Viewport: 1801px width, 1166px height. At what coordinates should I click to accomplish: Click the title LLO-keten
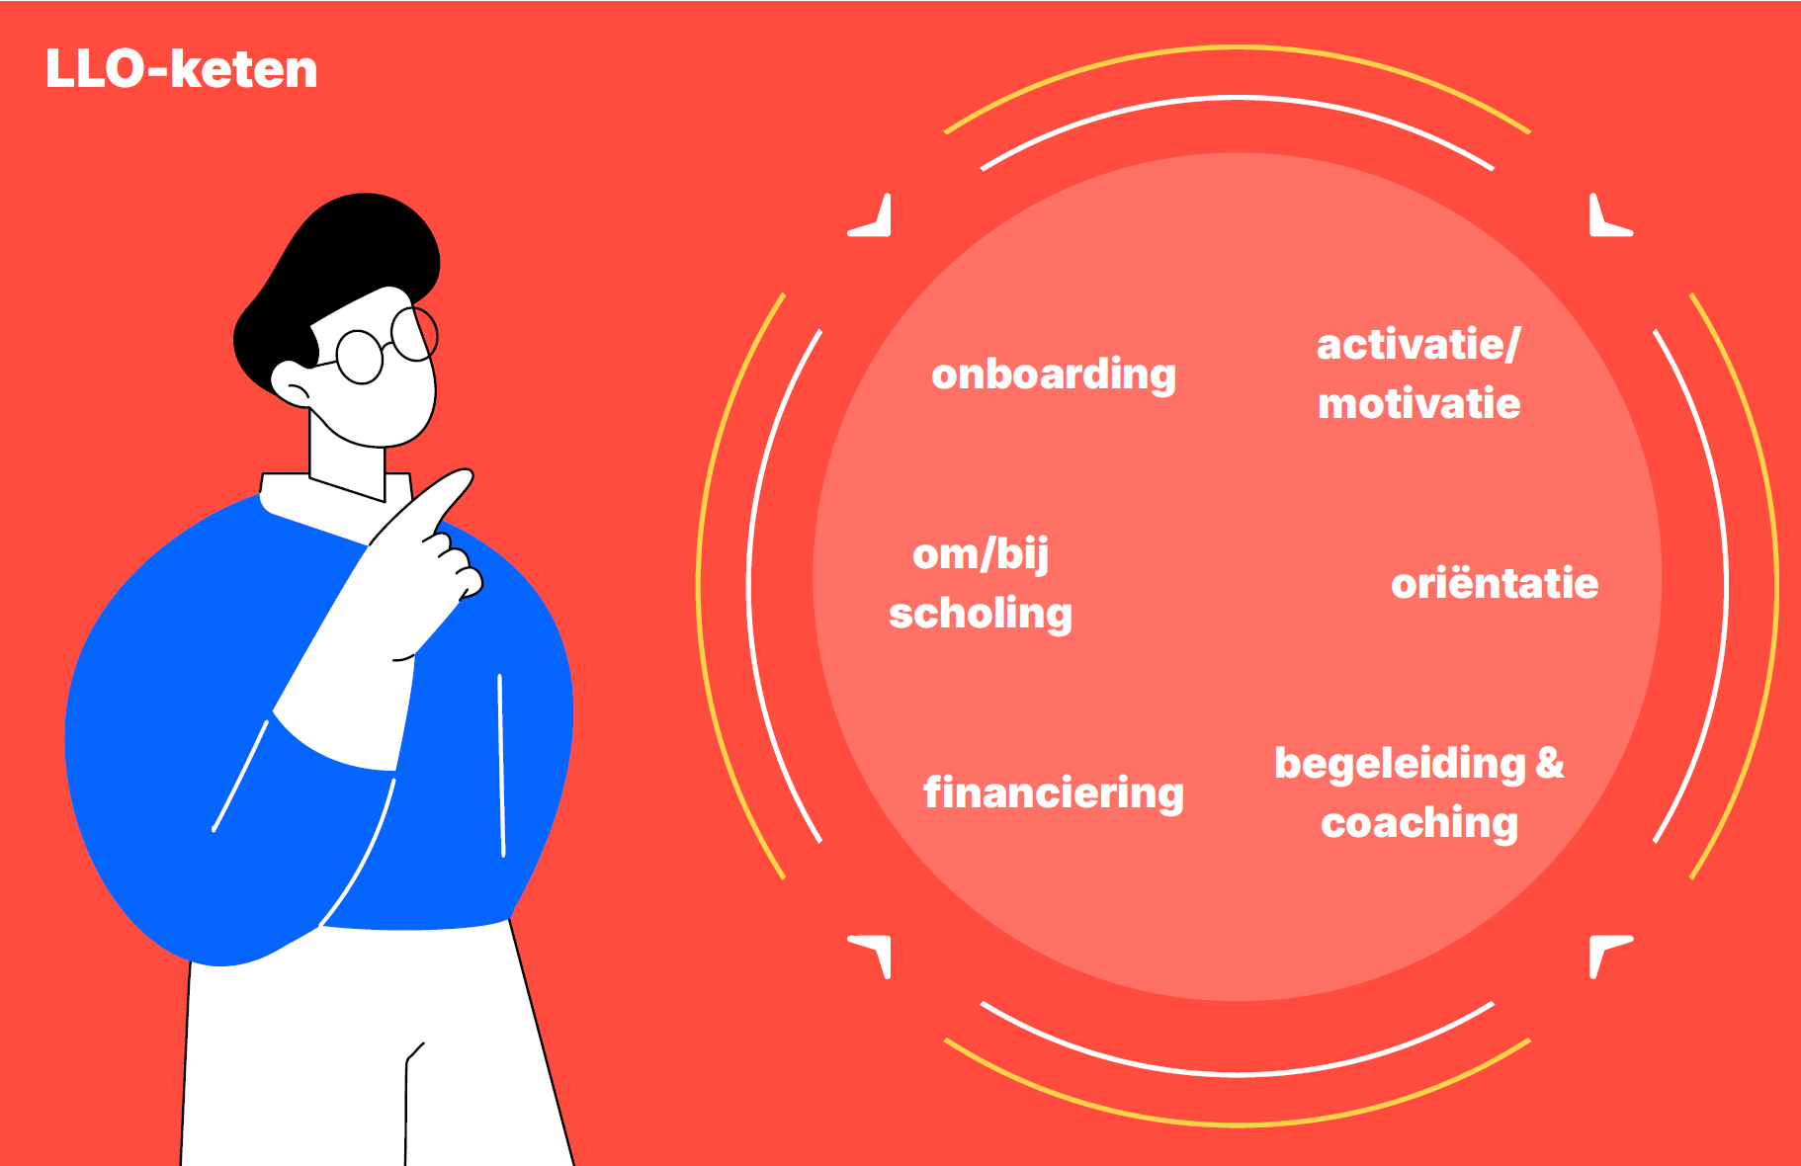tap(181, 69)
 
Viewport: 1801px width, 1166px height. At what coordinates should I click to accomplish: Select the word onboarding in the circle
tap(1054, 375)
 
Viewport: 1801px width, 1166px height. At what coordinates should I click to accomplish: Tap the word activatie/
tap(1418, 345)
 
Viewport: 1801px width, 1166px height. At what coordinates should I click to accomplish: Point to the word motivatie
tap(1418, 404)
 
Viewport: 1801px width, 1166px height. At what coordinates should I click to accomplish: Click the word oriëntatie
tap(1495, 584)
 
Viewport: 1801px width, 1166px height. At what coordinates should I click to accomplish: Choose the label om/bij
tap(981, 555)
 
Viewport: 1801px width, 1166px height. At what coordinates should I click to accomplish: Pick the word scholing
tap(981, 614)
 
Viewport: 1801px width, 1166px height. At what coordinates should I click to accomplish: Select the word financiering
tap(1054, 793)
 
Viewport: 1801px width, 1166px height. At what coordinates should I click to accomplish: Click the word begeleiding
tap(1400, 764)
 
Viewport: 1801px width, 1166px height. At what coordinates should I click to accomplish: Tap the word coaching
tap(1418, 823)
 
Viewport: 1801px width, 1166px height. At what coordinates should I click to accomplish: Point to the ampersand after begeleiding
tap(1550, 763)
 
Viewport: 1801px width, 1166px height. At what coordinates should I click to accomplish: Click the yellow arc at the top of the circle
tap(1237, 47)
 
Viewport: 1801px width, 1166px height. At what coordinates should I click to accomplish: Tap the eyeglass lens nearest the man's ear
tap(360, 357)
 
